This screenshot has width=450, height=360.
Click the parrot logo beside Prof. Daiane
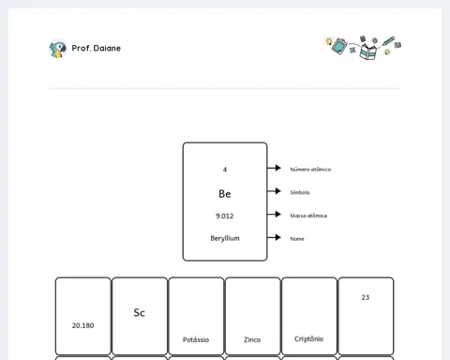click(x=58, y=49)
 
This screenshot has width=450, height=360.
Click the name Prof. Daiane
click(x=97, y=48)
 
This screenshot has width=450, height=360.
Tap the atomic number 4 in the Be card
click(x=225, y=170)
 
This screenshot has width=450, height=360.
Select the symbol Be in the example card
click(x=225, y=194)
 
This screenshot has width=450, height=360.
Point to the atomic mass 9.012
click(x=225, y=216)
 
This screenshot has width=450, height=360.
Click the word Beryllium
click(x=225, y=238)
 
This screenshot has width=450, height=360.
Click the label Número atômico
click(x=310, y=170)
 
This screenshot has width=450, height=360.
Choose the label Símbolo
click(x=300, y=192)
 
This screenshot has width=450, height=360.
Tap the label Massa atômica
click(x=308, y=216)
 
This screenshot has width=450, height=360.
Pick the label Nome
click(x=297, y=239)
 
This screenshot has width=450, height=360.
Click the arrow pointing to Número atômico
click(x=274, y=168)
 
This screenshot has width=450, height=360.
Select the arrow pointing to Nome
click(x=274, y=237)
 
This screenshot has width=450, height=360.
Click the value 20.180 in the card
click(x=82, y=325)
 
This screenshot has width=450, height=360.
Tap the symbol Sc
click(x=139, y=313)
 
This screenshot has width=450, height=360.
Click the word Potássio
click(x=196, y=339)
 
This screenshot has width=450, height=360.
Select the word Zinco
click(x=252, y=339)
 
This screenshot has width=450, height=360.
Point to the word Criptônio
click(x=308, y=339)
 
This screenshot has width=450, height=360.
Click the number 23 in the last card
click(x=366, y=297)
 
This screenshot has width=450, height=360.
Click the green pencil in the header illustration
click(x=388, y=41)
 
